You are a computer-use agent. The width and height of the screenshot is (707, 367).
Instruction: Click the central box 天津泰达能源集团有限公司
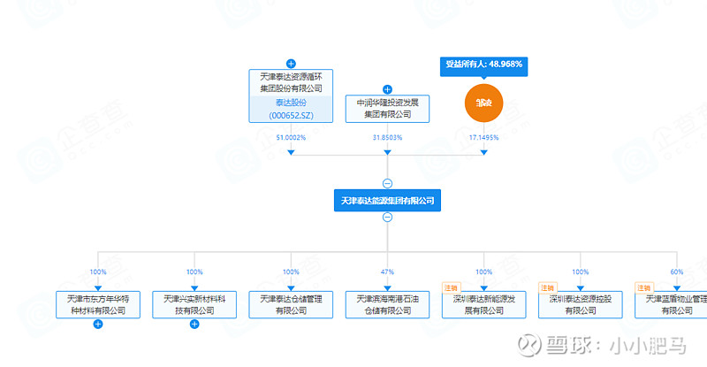tap(387, 201)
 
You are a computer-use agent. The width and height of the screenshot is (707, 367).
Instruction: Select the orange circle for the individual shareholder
tap(483, 103)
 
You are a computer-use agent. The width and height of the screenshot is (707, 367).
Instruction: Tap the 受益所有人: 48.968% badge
tap(483, 65)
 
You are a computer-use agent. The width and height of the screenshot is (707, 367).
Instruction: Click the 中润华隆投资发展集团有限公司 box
tap(387, 109)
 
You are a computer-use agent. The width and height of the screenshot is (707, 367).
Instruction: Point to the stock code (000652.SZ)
tap(291, 115)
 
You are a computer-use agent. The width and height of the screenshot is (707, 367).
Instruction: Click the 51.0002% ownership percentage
tap(291, 138)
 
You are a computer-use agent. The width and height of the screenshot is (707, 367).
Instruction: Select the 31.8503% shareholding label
tap(387, 138)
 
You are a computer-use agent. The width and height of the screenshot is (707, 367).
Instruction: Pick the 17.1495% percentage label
tap(483, 138)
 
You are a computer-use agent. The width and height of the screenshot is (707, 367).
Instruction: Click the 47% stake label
tap(387, 271)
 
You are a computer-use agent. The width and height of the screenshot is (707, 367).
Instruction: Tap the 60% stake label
tap(677, 271)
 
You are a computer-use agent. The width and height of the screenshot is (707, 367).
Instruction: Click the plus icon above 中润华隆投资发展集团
tap(387, 89)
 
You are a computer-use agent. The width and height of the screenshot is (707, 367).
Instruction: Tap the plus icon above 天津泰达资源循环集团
tap(291, 64)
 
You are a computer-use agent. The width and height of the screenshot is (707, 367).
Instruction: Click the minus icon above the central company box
tap(387, 183)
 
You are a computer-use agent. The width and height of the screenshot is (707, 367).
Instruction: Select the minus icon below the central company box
tap(387, 218)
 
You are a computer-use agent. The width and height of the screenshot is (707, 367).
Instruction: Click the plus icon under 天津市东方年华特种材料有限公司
tap(98, 325)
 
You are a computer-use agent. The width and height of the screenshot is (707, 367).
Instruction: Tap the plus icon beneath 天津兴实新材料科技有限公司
tap(194, 325)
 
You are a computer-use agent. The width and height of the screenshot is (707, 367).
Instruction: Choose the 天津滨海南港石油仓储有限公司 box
tap(387, 304)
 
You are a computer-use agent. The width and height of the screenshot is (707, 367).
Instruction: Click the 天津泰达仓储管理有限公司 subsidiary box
tap(291, 304)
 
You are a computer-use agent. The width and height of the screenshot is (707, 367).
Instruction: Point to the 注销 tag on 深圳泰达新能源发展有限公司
tap(451, 287)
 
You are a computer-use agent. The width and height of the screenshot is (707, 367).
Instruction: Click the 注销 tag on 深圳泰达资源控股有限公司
tap(547, 287)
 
